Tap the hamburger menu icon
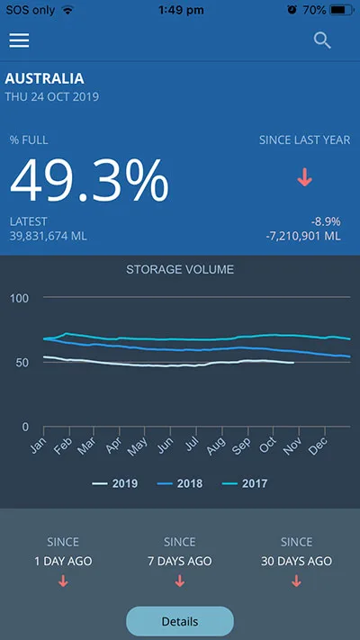pos(19,41)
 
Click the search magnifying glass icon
pos(322,41)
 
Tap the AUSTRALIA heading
pos(44,78)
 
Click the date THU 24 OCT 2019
pos(52,97)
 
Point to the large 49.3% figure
pos(89,180)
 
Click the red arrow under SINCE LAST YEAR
pos(304,177)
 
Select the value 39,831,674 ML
pos(49,236)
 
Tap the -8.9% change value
pos(325,222)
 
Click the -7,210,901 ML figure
pos(303,236)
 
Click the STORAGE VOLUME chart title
pos(180,269)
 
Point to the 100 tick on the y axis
pos(20,298)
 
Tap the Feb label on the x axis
pos(64,446)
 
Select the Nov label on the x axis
pos(292,446)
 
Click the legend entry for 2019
pos(114,484)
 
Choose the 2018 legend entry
pos(180,484)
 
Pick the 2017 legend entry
pos(245,484)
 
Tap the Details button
pos(180,622)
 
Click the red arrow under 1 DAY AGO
pos(63,581)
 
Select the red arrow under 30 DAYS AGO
pos(296,581)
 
